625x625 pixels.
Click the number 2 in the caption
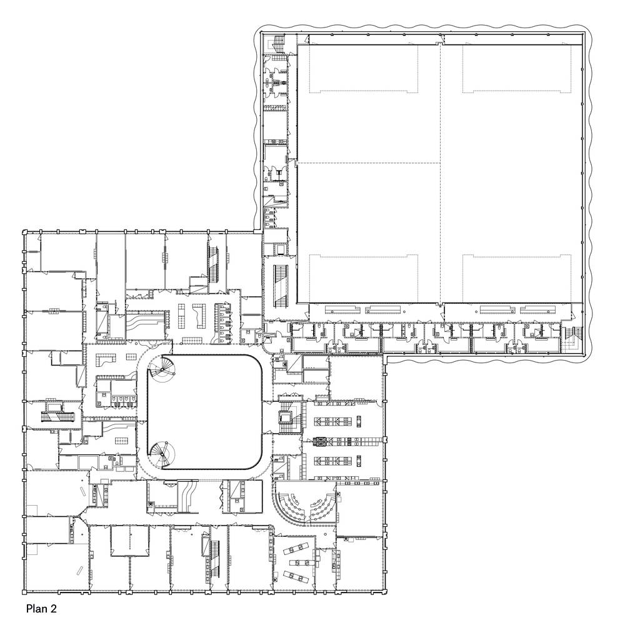[53, 609]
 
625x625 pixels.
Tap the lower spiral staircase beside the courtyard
[163, 454]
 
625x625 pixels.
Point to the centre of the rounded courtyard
[204, 411]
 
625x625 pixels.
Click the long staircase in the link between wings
[281, 286]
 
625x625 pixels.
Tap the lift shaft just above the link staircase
[281, 249]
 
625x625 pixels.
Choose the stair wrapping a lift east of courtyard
[287, 417]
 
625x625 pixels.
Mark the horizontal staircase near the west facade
[58, 416]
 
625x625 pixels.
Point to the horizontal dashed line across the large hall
[368, 163]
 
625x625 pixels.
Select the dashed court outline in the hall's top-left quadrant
[364, 69]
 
